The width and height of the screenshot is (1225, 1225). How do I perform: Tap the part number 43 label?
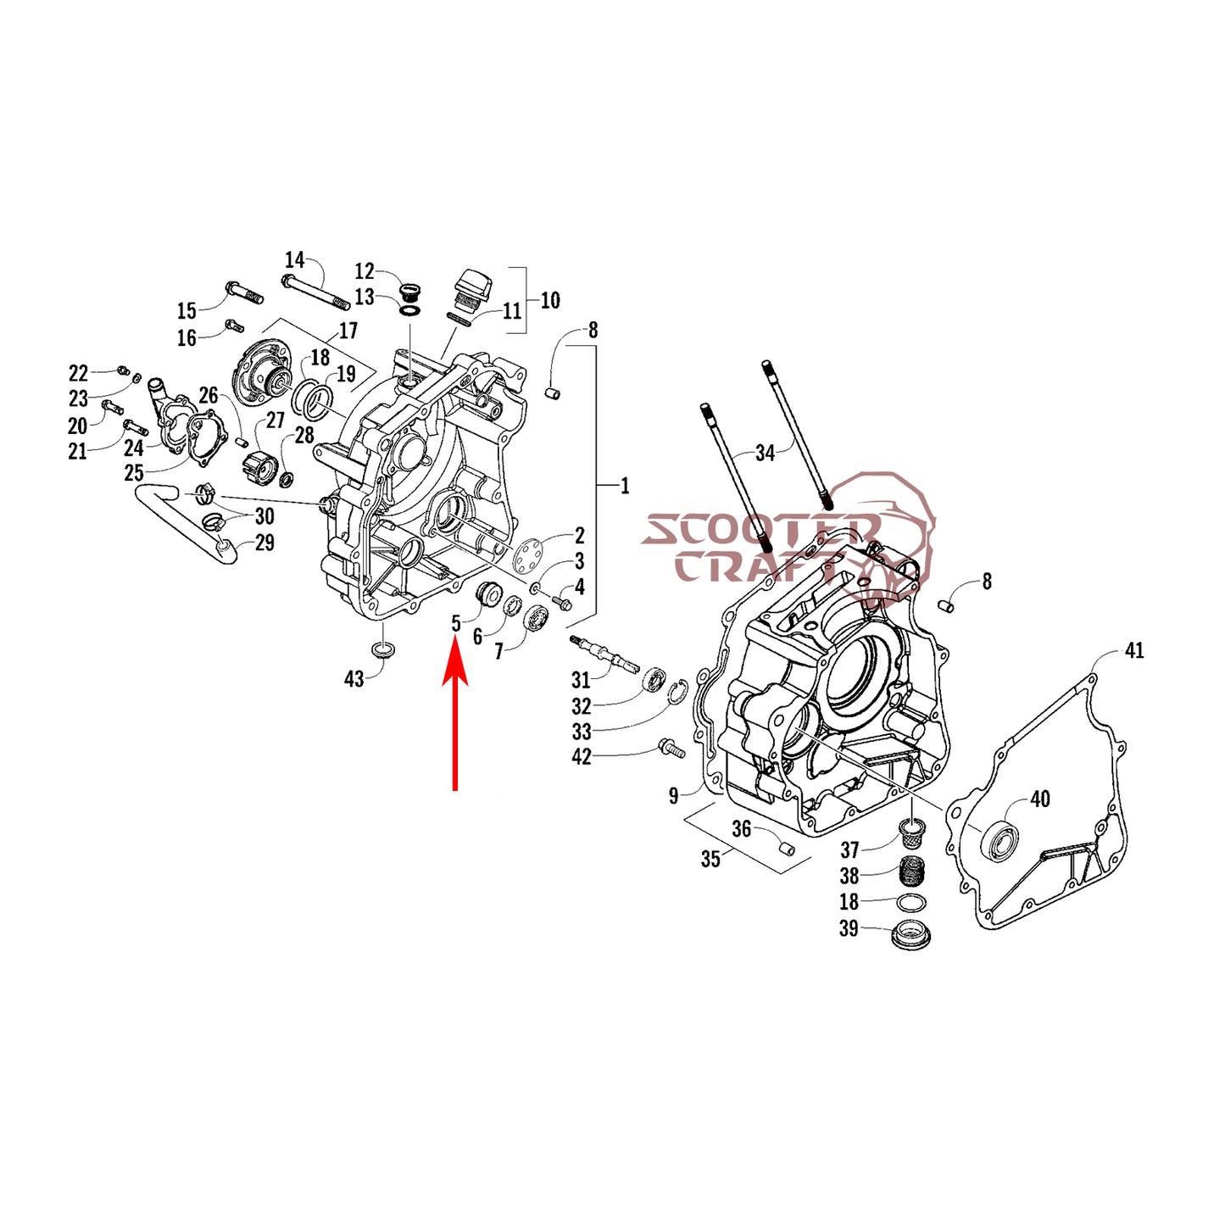click(354, 679)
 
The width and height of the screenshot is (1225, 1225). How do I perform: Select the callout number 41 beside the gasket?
click(1134, 650)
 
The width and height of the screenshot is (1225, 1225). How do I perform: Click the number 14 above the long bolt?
click(294, 260)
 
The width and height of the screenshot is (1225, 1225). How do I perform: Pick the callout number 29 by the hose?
click(264, 543)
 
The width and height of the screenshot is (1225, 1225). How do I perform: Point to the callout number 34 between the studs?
click(766, 454)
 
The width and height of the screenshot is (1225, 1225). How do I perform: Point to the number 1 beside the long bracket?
click(625, 487)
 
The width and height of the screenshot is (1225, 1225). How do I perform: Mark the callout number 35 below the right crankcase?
click(710, 859)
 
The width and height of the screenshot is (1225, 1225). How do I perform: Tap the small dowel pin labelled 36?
click(787, 848)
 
